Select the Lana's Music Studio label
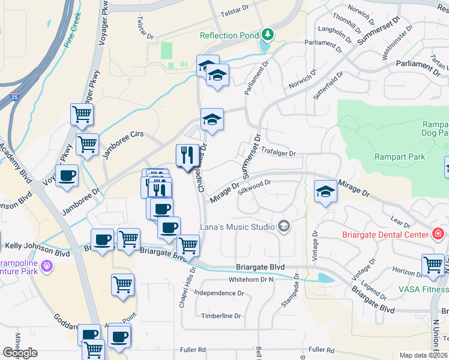tap(237, 227)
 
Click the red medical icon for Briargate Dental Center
tap(438, 233)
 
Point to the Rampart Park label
tap(399, 157)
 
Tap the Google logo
tap(20, 353)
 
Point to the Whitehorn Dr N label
tap(250, 280)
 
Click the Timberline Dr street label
tap(221, 316)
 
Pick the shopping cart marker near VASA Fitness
tap(433, 265)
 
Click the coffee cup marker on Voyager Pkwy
tap(68, 175)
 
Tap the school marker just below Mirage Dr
tap(325, 191)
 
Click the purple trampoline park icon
tap(46, 271)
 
